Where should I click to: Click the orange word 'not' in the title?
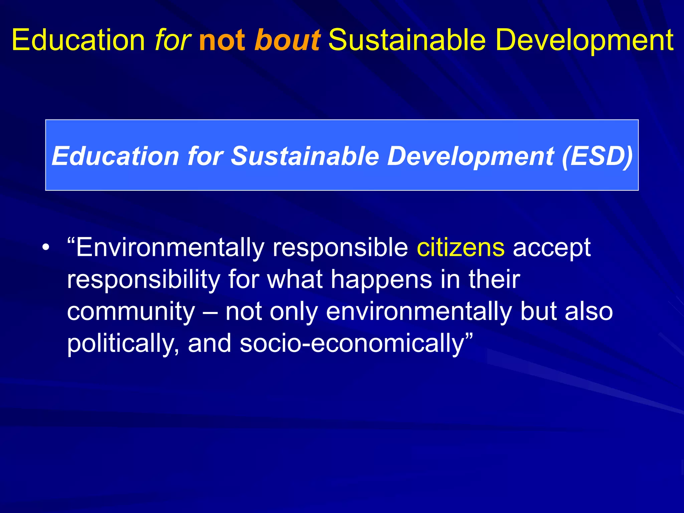[222, 40]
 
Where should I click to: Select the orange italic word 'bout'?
[287, 40]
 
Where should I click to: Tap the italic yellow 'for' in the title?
[173, 40]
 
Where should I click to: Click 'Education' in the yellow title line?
[78, 40]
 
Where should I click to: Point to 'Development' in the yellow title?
[584, 40]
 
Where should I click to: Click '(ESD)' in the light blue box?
[597, 156]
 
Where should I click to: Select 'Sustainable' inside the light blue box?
[305, 156]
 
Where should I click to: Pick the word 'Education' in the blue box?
[116, 156]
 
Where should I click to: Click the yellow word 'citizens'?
[461, 247]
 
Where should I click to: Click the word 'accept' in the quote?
[552, 247]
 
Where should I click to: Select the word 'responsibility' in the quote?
[143, 280]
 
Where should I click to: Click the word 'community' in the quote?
[131, 311]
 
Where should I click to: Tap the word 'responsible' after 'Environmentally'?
[340, 247]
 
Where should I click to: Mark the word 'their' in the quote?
[494, 280]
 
